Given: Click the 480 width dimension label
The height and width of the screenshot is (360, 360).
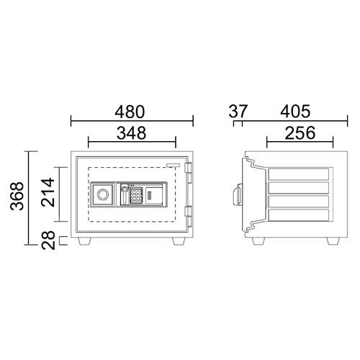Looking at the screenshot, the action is [130, 112].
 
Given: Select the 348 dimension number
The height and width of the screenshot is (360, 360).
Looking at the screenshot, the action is [131, 133].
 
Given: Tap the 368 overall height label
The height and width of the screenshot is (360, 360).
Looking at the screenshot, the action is [17, 196].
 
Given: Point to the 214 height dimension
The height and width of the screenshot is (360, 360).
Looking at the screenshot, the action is [48, 192].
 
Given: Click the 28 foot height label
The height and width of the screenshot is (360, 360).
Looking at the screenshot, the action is [48, 240].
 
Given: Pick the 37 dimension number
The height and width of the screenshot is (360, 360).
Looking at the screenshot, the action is [238, 112].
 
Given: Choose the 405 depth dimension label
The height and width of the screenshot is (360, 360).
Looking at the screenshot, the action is [295, 112].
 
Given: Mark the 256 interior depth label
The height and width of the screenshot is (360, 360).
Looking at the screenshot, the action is [300, 133].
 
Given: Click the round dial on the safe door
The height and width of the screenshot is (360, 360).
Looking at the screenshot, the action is [103, 194].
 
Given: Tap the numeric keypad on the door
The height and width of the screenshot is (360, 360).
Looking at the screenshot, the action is [136, 195].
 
